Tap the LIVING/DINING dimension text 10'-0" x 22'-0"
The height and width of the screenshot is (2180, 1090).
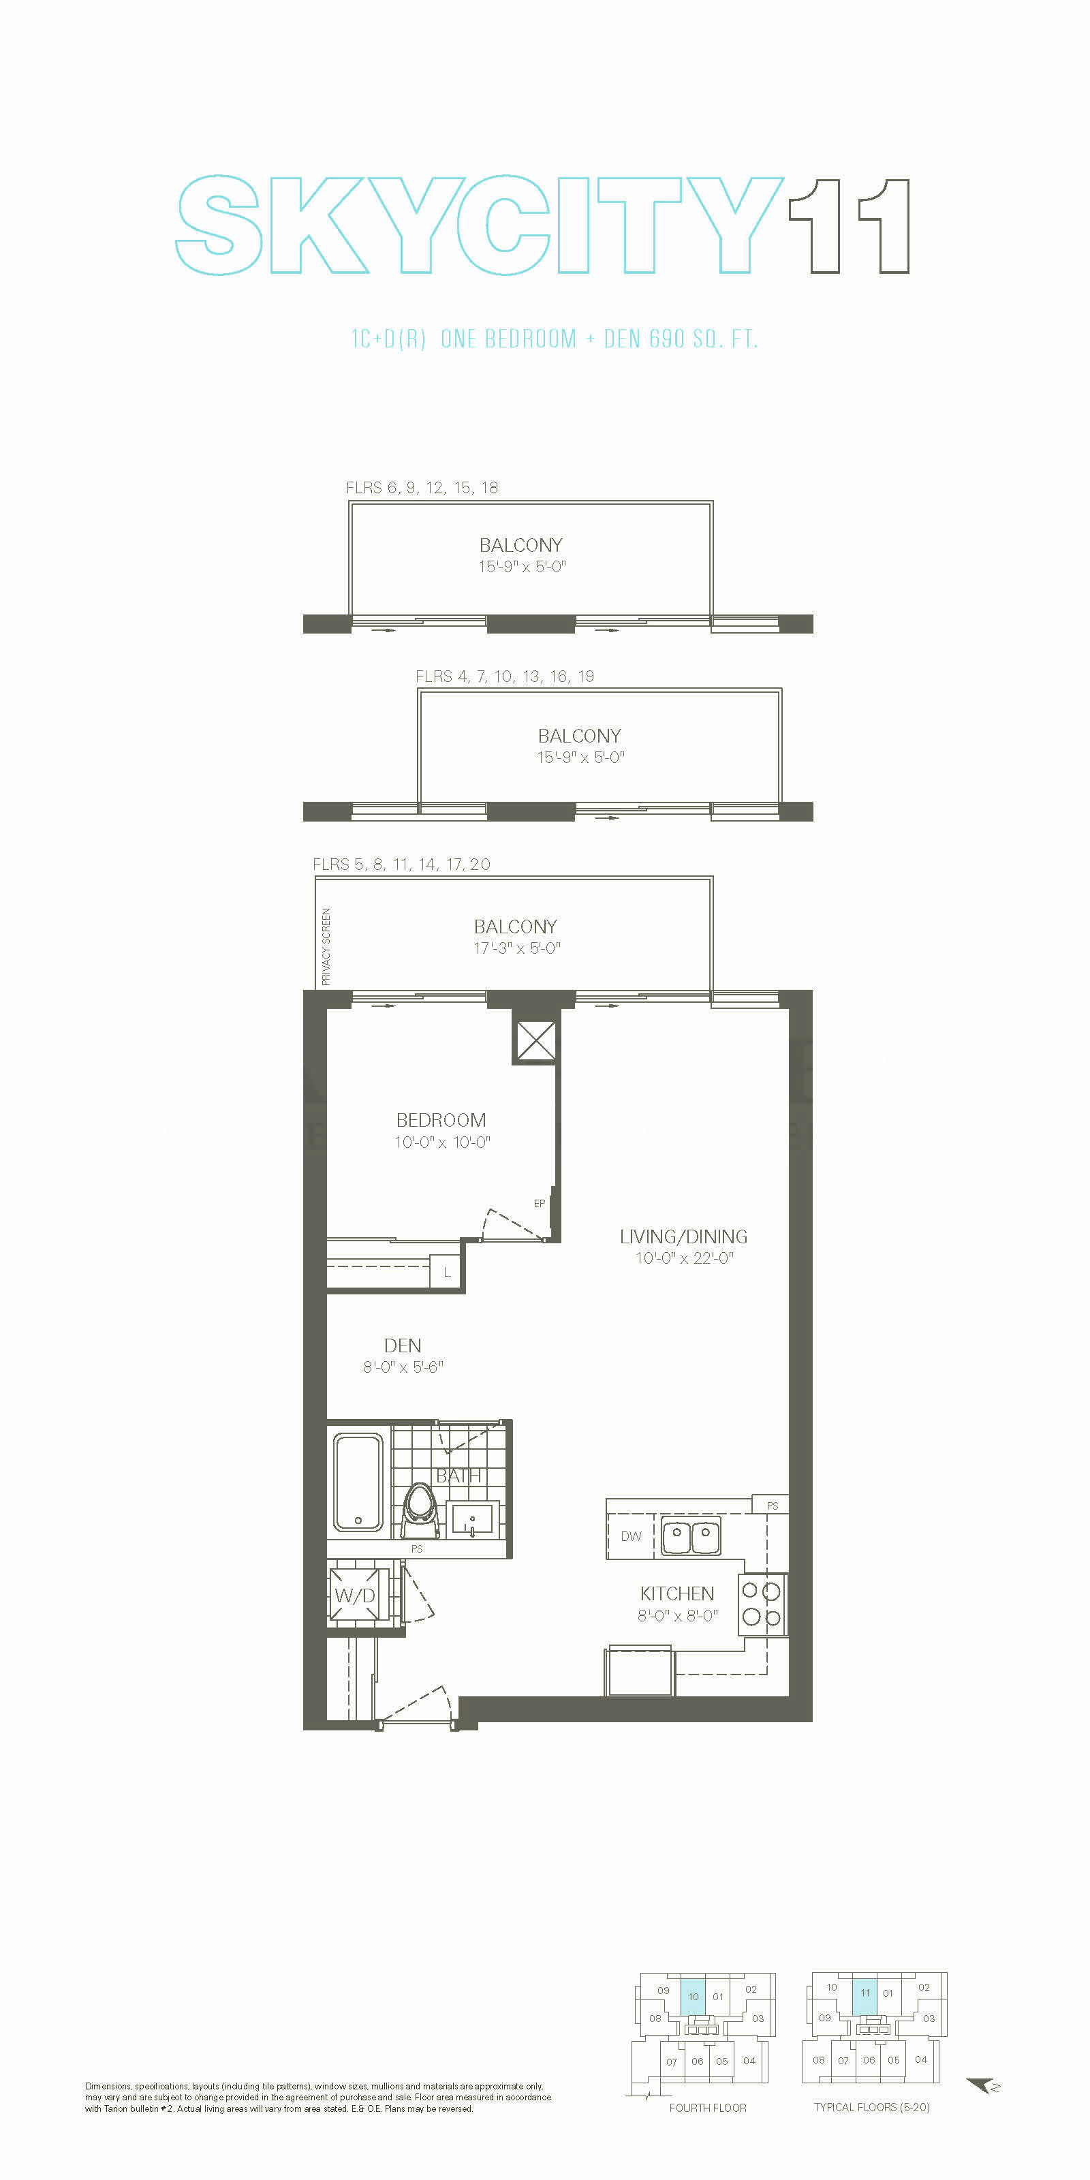[685, 1258]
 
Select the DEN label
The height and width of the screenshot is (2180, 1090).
[403, 1345]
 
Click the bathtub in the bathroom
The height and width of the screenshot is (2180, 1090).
[358, 1482]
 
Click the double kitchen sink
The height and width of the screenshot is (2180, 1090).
[691, 1537]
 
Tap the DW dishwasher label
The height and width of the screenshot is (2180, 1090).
[632, 1536]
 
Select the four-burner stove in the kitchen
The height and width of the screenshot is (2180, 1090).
[762, 1604]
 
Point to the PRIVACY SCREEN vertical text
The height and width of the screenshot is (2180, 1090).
[326, 947]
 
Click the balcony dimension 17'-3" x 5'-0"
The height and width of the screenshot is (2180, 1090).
[517, 948]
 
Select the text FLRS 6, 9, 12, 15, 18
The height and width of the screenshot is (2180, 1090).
[422, 488]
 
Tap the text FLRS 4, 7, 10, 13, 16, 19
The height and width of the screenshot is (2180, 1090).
[504, 676]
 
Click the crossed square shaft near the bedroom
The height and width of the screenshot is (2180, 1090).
[535, 1041]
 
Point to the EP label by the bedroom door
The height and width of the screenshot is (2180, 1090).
[539, 1203]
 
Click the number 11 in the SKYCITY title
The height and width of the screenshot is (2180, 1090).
[849, 226]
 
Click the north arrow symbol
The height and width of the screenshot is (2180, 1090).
[983, 2086]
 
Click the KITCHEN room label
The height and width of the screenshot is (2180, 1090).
[677, 1593]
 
